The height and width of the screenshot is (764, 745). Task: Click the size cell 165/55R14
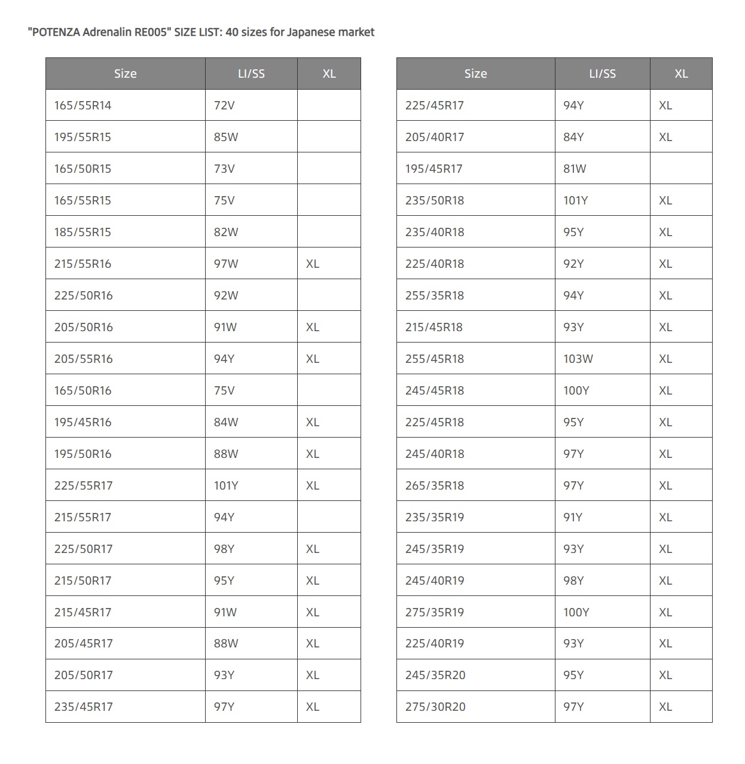click(83, 105)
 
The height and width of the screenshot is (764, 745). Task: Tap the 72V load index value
click(224, 105)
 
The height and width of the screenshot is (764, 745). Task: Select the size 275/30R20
click(435, 707)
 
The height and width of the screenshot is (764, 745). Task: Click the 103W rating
click(578, 359)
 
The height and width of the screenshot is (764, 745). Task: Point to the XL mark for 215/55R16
click(312, 264)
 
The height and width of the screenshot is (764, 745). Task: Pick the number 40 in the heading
click(232, 32)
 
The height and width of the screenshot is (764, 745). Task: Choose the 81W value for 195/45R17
click(574, 169)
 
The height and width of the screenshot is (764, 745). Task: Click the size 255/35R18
click(434, 295)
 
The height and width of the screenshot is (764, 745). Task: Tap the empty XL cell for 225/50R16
click(329, 295)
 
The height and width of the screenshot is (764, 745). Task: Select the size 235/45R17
click(83, 707)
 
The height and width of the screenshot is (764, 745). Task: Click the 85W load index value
click(225, 137)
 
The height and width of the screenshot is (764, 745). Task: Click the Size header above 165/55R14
click(125, 74)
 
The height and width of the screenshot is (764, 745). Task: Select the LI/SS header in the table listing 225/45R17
click(602, 74)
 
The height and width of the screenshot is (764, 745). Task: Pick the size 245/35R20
click(435, 675)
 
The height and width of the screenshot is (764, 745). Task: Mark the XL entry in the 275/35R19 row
click(665, 612)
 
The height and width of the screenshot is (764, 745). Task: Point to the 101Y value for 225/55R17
click(225, 485)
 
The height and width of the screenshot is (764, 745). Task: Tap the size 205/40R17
click(434, 137)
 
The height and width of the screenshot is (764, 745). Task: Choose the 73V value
click(224, 169)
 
